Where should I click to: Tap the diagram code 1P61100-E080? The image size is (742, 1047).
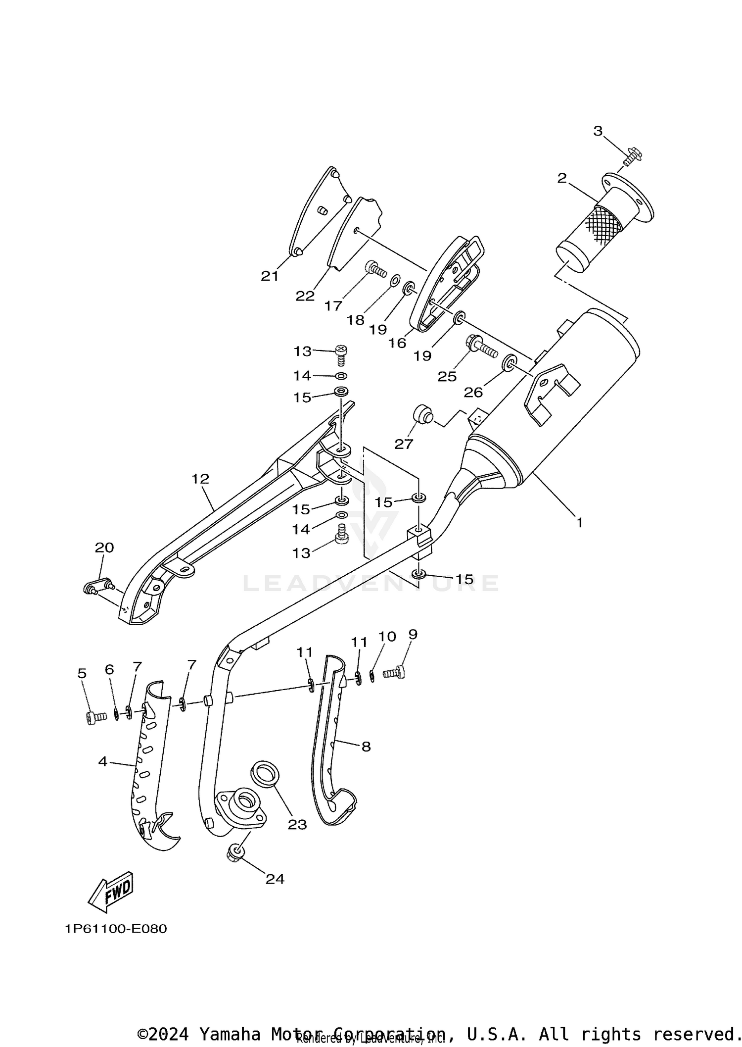click(x=115, y=929)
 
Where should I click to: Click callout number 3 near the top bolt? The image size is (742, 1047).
click(x=598, y=131)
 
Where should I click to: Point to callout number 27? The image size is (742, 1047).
click(x=403, y=444)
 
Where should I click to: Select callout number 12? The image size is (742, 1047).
click(x=200, y=479)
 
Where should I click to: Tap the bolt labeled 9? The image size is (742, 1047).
click(x=394, y=672)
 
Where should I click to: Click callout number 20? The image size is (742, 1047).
click(x=104, y=548)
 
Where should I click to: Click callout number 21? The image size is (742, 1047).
click(x=270, y=276)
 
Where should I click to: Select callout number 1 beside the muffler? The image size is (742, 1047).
click(x=579, y=522)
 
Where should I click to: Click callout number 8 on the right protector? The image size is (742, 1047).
click(x=366, y=746)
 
